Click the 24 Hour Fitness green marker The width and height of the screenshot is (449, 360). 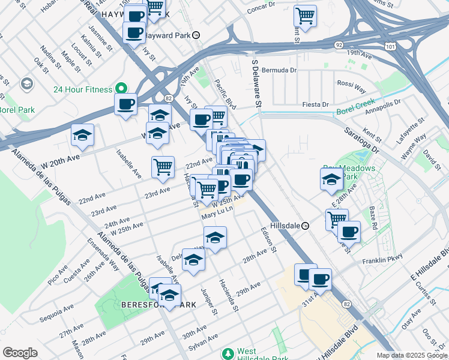121,89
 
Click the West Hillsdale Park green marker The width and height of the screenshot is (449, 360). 228,353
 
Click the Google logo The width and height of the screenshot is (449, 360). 20,353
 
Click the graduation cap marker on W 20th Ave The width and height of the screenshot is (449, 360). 82,135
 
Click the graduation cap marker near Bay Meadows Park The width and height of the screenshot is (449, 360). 331,179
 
